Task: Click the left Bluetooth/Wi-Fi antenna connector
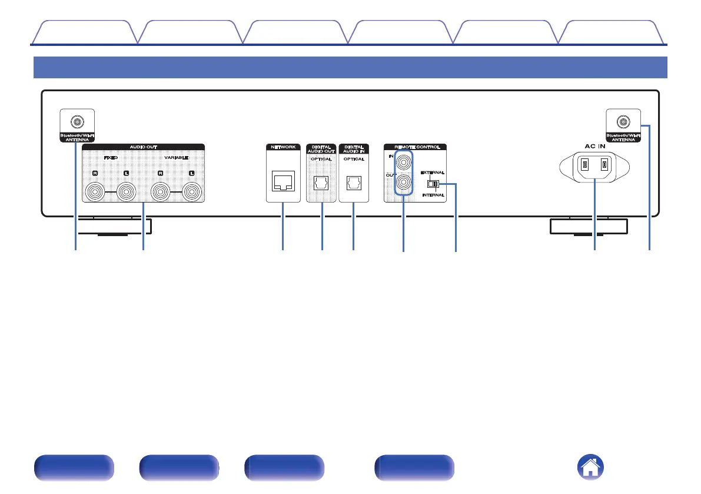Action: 77,122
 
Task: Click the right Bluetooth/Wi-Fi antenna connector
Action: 622,122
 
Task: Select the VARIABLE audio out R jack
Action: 160,191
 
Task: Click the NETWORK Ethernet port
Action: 283,184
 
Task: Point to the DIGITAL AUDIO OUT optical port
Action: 321,184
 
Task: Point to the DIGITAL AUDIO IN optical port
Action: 353,184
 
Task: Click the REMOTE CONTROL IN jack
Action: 403,160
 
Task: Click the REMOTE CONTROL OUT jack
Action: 403,183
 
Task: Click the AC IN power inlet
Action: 593,165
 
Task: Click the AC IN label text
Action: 593,144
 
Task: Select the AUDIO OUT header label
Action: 143,147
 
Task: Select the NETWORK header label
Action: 283,147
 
